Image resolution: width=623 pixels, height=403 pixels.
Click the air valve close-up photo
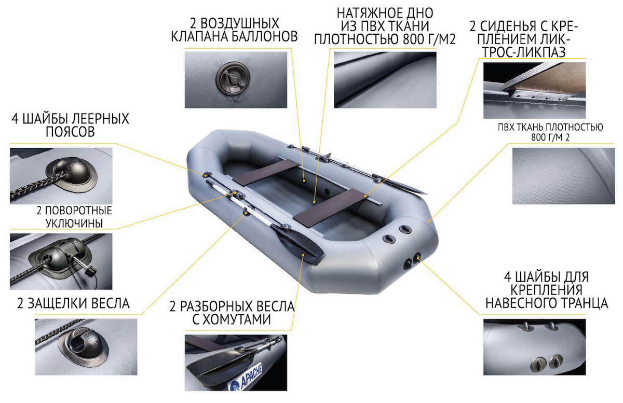coord(236,80)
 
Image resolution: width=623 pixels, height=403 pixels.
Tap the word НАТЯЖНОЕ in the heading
coord(361,13)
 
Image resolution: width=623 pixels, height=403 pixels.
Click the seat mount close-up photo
coord(535,90)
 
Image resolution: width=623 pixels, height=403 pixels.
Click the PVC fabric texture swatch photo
coord(563,176)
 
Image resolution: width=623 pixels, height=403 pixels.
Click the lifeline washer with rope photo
coord(61,176)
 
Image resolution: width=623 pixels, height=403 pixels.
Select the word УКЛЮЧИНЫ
coord(74,223)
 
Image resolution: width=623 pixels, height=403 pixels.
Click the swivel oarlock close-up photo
coord(61,261)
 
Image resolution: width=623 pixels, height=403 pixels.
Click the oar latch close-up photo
coord(86,347)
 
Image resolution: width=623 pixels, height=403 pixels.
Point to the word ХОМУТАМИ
coord(235,319)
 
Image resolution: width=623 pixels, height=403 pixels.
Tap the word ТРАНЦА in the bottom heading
coord(581,303)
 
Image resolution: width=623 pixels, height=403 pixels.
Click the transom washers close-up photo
coord(535,347)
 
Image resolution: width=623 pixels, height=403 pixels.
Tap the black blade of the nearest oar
coord(296,244)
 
